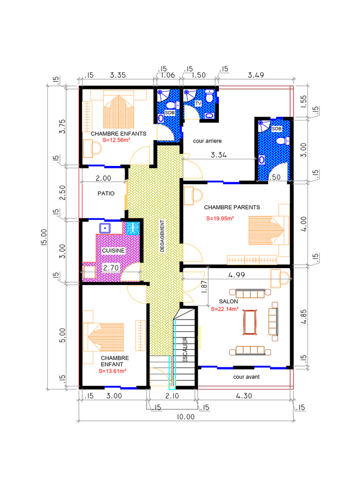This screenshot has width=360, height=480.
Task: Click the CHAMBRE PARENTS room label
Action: click(232, 207)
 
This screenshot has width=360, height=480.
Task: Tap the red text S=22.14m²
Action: click(225, 309)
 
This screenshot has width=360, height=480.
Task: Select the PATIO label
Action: click(106, 194)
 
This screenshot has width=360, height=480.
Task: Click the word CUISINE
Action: click(113, 250)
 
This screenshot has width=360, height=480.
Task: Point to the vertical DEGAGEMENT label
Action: click(162, 236)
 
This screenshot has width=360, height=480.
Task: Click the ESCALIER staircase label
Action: click(185, 350)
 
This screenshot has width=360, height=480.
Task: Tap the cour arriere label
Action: click(207, 141)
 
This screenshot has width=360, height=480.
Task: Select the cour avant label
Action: click(247, 377)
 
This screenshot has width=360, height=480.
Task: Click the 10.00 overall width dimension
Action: click(186, 417)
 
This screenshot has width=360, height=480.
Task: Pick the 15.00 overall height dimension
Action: click(44, 237)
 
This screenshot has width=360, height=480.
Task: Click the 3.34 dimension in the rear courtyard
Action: click(218, 155)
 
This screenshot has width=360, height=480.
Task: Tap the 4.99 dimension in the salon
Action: click(237, 275)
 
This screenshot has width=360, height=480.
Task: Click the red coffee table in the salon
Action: click(250, 322)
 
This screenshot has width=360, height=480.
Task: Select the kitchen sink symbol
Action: click(105, 228)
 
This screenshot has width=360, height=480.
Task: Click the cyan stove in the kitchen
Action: click(133, 228)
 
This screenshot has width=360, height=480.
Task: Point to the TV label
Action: click(198, 104)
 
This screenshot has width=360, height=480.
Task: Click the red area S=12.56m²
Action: click(116, 140)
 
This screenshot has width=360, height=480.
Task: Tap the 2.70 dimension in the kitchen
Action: click(111, 268)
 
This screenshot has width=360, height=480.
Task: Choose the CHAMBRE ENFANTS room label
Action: click(119, 134)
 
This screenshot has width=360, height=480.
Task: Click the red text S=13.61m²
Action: click(112, 371)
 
